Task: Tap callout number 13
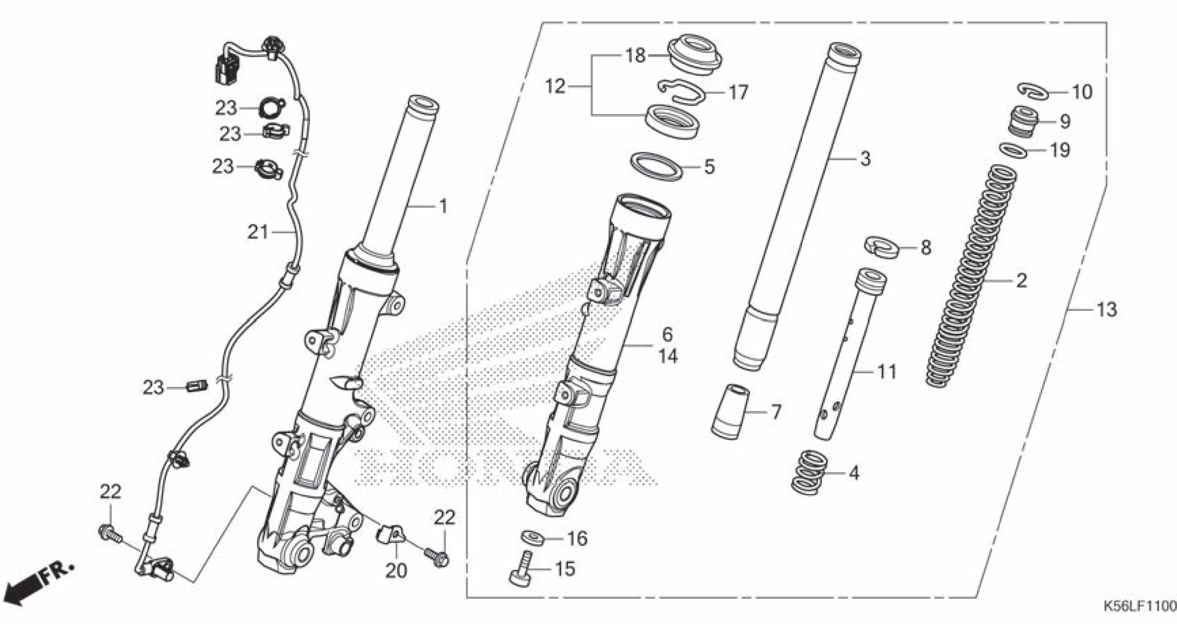(1107, 310)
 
